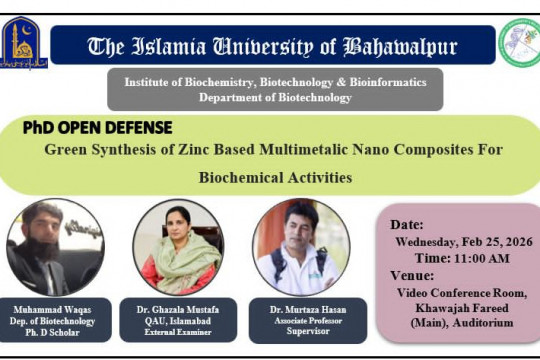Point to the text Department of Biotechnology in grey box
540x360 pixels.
(275, 98)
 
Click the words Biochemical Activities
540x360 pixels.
(275, 178)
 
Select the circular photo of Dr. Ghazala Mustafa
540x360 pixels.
(177, 246)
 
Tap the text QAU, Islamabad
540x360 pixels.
(177, 323)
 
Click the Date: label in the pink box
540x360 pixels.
(407, 225)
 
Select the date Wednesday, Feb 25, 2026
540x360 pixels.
(464, 241)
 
